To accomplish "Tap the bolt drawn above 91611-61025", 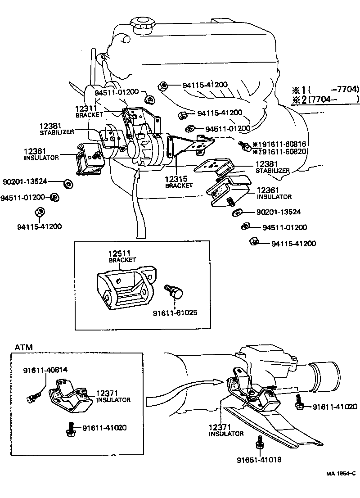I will coord(174,292).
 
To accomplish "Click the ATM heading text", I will coord(23,347).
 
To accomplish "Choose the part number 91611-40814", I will coord(45,370).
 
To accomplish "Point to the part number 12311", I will coord(86,109).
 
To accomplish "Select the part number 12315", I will coord(176,179).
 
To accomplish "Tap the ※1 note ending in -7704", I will coord(325,89).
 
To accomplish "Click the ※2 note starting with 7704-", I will coord(325,100).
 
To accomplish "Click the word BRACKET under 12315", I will coord(179,186).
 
